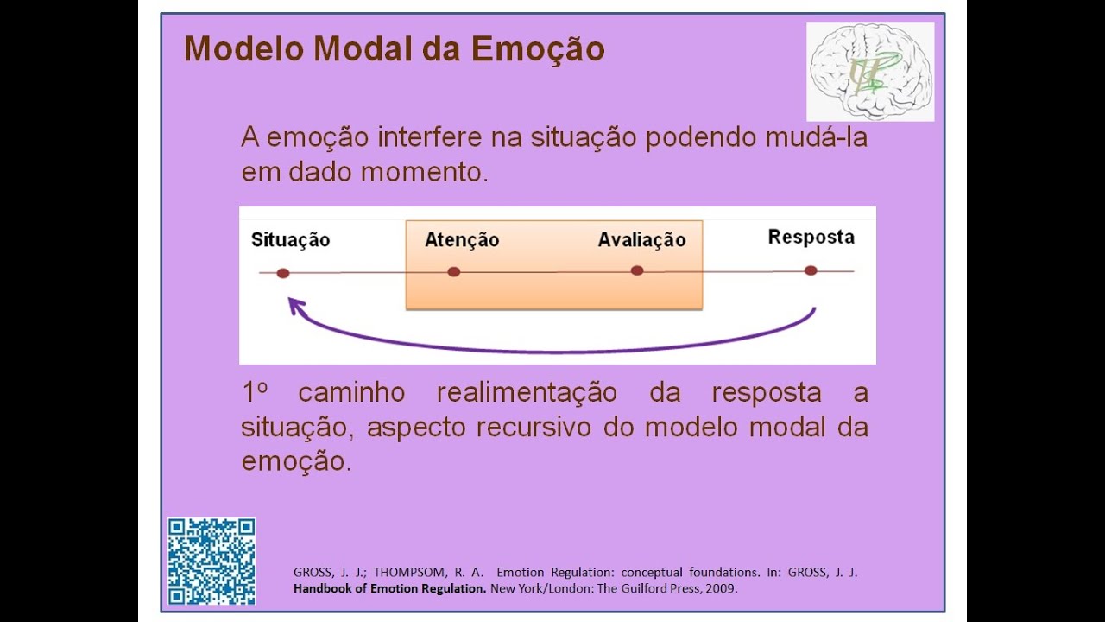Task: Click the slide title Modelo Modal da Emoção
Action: click(394, 49)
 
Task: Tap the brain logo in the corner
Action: click(869, 72)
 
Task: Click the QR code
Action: click(212, 562)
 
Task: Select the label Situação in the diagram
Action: click(290, 240)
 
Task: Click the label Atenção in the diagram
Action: click(462, 240)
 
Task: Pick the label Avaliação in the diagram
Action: click(641, 240)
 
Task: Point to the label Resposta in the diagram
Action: click(811, 237)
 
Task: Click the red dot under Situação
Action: click(283, 273)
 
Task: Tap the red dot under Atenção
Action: click(454, 272)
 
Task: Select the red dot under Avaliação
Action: click(637, 270)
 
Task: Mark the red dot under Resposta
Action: click(811, 270)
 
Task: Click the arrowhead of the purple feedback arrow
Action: click(295, 305)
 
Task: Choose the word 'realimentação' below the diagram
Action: click(527, 393)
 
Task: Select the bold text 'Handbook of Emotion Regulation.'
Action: click(390, 589)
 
